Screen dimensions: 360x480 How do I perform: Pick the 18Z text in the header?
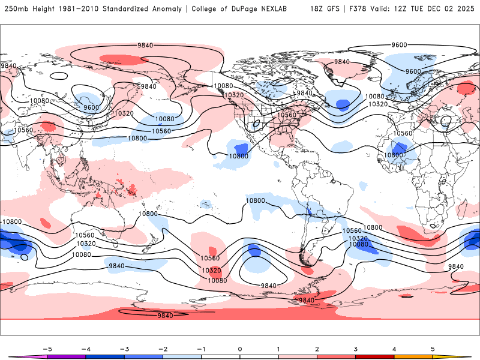[317, 9]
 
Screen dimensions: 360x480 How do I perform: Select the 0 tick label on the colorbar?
[240, 349]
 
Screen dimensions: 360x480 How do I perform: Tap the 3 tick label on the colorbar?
[356, 349]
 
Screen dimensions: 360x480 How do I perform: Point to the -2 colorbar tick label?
[163, 349]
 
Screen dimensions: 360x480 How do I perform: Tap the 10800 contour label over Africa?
[394, 155]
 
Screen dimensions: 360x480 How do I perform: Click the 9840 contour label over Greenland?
[341, 62]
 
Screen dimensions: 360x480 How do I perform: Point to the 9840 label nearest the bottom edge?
[165, 316]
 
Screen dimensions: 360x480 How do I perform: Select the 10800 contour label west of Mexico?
[238, 156]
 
